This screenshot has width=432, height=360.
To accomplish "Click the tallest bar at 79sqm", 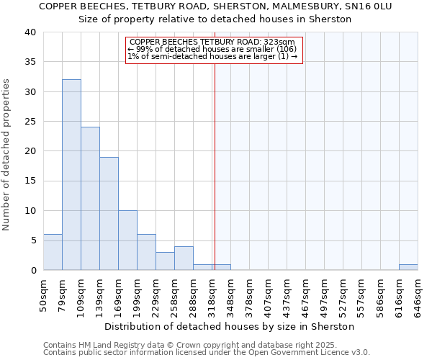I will pos(71,175).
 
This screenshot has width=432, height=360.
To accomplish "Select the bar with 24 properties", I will pos(90,199).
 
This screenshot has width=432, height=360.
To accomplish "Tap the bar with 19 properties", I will pos(109,214).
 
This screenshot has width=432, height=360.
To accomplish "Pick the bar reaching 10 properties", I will pos(127,240).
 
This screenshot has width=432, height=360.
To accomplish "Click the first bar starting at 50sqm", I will pos(53,252).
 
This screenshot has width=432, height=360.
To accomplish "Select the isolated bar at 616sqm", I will pos(408,267).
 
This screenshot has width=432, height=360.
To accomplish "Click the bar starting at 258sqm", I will pos(184,258).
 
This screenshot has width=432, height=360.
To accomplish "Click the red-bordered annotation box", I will pos(214,50).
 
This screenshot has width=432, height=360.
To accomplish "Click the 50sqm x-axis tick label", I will pos(43,294).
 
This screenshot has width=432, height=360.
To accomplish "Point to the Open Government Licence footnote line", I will pos(206,353).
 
